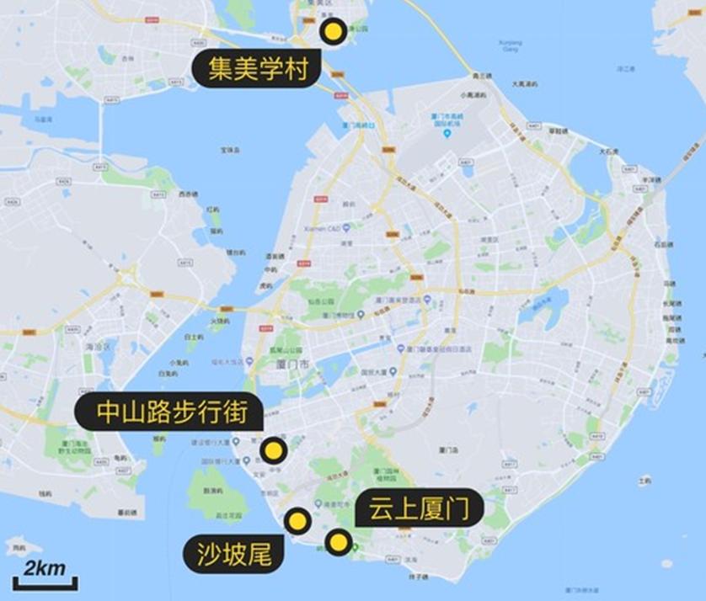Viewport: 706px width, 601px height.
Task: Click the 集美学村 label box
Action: tap(256, 67)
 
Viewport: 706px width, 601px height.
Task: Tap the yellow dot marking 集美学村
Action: tap(333, 33)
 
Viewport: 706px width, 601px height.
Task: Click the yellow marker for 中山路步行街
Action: tap(272, 451)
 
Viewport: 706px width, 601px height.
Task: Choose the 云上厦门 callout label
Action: tap(419, 509)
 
